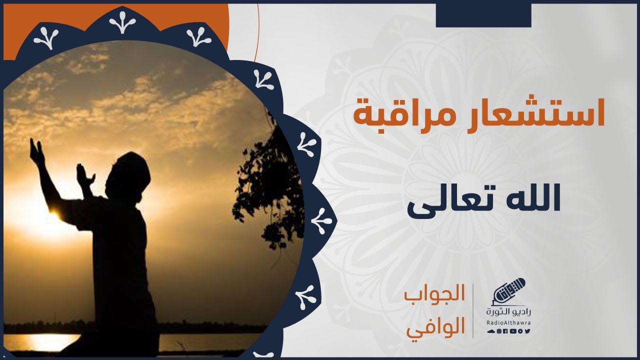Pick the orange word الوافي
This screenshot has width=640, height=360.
(436, 327)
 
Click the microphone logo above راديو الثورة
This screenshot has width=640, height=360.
(509, 291)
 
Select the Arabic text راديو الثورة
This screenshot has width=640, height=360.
(508, 311)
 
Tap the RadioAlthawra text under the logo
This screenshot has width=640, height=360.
(508, 322)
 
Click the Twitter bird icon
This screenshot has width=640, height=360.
(527, 331)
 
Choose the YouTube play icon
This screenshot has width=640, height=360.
(513, 331)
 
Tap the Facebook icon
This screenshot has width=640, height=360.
(505, 331)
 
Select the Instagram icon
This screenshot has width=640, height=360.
(499, 331)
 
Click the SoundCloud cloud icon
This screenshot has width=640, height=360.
(491, 331)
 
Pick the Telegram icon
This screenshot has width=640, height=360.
(520, 331)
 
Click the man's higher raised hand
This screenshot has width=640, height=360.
(37, 152)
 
